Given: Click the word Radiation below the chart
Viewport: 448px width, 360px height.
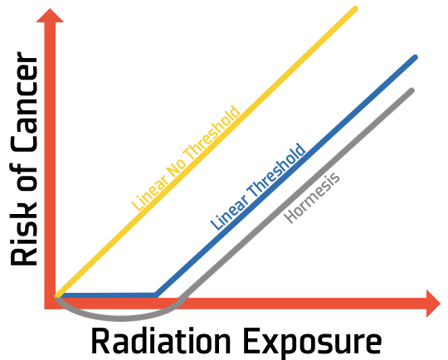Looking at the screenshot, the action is (161, 342).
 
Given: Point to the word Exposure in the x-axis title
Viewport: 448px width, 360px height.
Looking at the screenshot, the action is (313, 342).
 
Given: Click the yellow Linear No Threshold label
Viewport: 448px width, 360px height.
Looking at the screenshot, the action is (186, 158).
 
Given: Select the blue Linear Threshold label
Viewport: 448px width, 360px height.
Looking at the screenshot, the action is (258, 187).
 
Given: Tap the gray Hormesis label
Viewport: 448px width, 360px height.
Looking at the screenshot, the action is (312, 198).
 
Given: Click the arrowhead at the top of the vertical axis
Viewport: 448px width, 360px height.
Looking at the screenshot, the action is (50, 16).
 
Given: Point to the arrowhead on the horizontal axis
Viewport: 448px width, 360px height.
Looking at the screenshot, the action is (433, 303).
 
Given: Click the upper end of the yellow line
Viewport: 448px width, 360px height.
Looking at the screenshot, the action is (355, 9).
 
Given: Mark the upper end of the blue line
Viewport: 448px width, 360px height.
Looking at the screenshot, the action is (415, 57).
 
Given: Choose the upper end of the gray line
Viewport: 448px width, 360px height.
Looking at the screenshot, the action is (411, 90).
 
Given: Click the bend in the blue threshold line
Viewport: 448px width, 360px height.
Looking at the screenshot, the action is (156, 295).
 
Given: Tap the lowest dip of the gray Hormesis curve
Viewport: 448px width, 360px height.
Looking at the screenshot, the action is (120, 319).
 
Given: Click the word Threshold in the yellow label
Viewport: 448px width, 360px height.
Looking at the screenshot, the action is (212, 134).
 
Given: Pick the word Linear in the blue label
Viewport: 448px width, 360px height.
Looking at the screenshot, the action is (229, 213).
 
